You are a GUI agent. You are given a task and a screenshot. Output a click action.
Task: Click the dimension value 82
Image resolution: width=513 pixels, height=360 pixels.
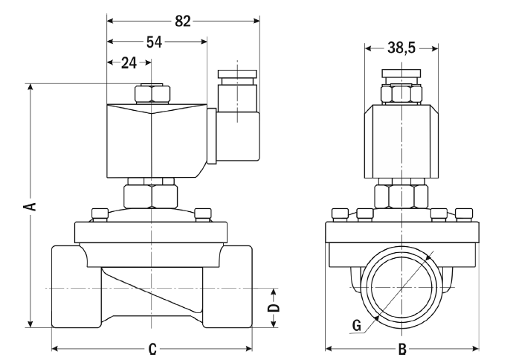tap(183, 21)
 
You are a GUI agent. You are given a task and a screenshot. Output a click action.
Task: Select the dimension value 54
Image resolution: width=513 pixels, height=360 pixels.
tap(155, 42)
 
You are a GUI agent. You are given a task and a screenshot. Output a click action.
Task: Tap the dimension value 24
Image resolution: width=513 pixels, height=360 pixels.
tap(129, 63)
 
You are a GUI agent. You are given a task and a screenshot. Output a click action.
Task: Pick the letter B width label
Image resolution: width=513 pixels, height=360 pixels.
tap(401, 348)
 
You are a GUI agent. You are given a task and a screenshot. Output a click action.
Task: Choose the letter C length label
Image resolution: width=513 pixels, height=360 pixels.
tap(152, 348)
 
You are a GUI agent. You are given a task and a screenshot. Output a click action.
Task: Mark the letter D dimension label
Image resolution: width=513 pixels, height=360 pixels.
tap(274, 306)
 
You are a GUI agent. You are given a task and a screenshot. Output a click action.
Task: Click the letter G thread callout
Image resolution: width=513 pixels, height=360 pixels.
tap(357, 324)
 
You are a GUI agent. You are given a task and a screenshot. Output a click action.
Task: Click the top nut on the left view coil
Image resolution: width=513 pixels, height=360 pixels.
tap(151, 94)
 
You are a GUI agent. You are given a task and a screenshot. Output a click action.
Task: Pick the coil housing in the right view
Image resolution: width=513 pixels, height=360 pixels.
tap(401, 141)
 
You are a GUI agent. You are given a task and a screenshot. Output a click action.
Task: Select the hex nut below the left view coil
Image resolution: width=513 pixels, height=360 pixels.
tap(151, 196)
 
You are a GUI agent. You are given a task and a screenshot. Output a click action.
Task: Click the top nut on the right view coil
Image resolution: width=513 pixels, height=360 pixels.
tap(401, 92)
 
